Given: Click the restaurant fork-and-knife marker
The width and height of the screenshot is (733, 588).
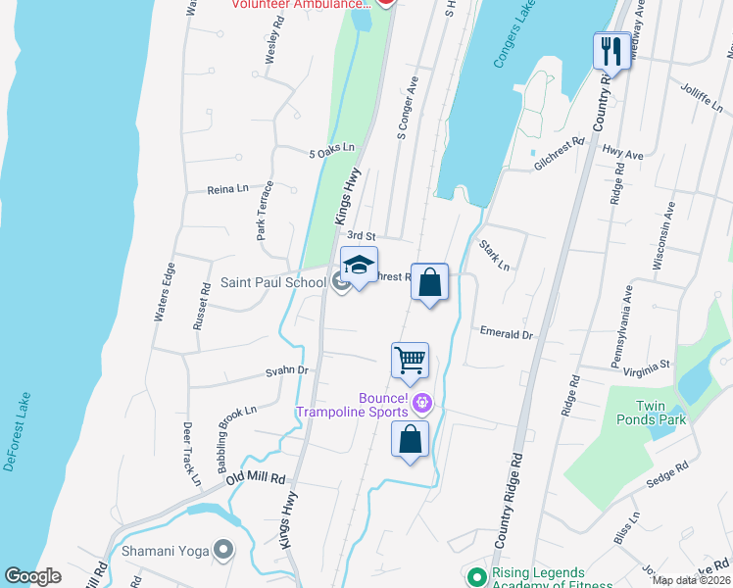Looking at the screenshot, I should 612,50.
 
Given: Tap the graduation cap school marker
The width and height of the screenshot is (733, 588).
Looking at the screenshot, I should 359,266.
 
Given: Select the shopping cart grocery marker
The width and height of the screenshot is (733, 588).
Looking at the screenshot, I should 410,360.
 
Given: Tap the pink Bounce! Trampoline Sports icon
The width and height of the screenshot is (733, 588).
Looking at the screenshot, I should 422,401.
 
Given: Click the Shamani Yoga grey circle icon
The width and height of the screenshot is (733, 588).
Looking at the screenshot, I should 224,550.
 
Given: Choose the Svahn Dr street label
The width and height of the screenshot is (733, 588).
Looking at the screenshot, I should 288,371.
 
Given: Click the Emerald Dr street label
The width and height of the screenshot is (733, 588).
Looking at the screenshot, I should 506,334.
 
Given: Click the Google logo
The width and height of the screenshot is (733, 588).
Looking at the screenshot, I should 32,575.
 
